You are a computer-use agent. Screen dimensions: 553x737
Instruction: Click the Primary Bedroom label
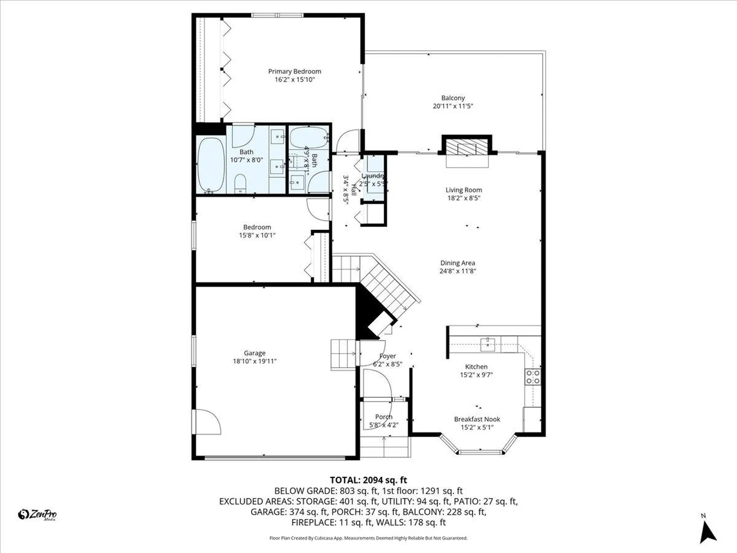[x=294, y=71]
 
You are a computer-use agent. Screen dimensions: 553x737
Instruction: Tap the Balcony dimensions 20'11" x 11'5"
[x=453, y=106]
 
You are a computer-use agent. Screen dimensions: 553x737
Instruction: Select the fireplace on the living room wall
[x=467, y=146]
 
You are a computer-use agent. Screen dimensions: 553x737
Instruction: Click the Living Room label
[x=463, y=190]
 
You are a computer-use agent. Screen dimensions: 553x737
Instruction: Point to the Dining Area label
[x=457, y=263]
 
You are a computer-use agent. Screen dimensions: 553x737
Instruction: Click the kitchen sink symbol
[x=487, y=344]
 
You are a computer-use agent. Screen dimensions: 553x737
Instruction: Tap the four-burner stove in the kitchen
[x=532, y=377]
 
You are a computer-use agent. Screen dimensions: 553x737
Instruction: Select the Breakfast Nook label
[x=477, y=419]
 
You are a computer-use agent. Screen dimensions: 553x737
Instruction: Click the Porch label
[x=383, y=417]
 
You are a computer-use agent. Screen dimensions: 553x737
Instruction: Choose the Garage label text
[x=254, y=353]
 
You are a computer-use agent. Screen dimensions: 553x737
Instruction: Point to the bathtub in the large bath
[x=211, y=165]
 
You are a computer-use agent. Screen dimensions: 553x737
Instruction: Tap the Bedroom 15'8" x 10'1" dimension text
[x=257, y=235]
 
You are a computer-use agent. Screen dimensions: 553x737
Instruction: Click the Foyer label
[x=387, y=356]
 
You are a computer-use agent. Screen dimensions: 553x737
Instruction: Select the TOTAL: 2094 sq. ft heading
[x=368, y=480]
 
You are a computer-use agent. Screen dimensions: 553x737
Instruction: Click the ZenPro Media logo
[x=37, y=514]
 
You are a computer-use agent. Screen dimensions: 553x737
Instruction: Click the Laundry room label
[x=373, y=176]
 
